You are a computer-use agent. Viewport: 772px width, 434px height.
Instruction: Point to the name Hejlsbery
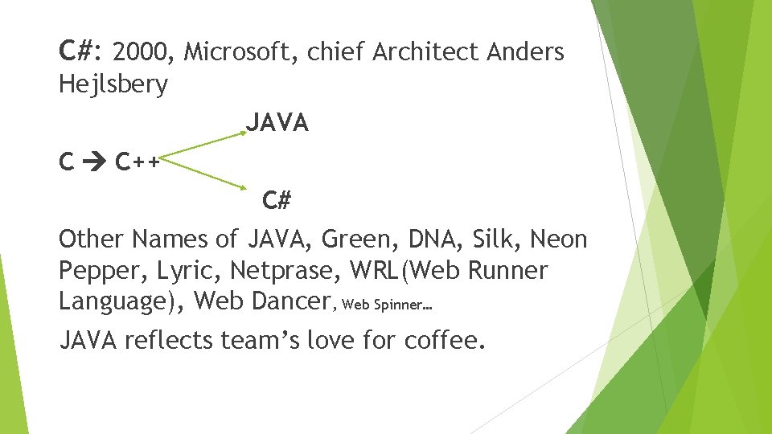click(113, 84)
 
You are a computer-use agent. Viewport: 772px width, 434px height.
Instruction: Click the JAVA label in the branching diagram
click(277, 123)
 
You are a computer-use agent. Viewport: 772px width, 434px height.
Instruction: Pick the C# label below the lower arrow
click(277, 200)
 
